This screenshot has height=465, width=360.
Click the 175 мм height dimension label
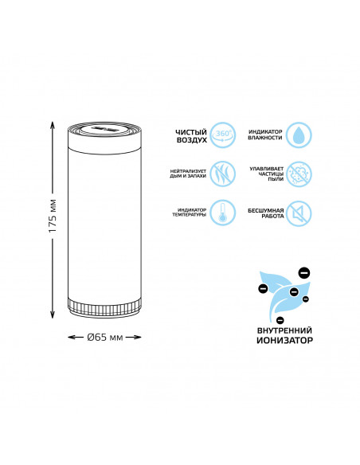[53, 216]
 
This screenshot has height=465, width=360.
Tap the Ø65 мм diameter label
[105, 337]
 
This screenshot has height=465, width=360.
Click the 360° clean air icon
[223, 135]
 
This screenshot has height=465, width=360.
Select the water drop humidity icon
[299, 135]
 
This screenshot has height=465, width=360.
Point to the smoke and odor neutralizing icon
[223, 174]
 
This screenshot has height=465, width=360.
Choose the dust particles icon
[299, 174]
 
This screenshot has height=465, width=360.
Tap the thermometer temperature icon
[223, 213]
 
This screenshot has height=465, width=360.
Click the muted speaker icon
[299, 213]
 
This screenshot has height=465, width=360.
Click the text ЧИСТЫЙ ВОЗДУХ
[190, 136]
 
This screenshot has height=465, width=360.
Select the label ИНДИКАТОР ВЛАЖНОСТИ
[265, 135]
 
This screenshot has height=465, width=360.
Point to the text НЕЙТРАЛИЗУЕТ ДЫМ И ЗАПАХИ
[188, 174]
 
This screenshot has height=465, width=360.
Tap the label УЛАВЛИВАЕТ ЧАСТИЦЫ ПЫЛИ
[266, 174]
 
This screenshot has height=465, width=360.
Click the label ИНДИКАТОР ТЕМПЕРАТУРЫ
[190, 213]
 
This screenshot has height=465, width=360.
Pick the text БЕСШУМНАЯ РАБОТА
[266, 213]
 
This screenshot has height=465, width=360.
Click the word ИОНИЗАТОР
[284, 340]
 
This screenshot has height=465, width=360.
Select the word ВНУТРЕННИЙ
[284, 330]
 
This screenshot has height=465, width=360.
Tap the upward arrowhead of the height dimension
[53, 124]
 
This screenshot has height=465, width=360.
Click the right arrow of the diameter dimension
[136, 337]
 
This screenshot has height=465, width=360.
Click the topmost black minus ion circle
[304, 272]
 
